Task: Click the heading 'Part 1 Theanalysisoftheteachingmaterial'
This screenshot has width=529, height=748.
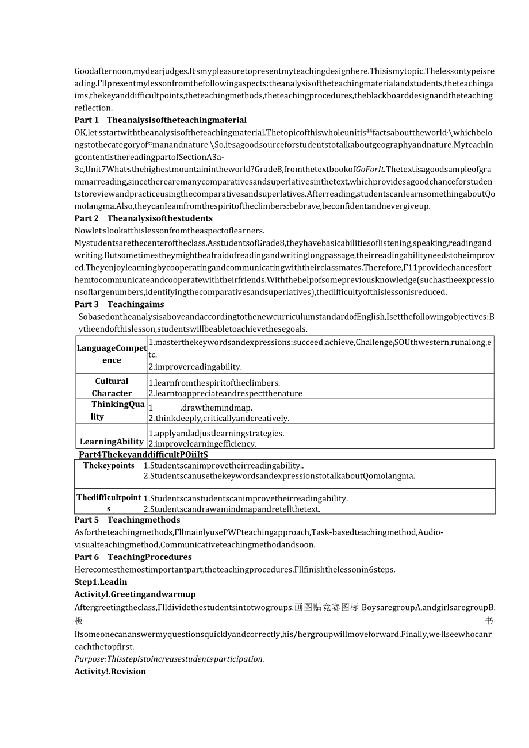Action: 160,120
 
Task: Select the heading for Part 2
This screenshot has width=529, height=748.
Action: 143,218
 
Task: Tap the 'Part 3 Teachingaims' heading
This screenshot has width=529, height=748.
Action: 119,305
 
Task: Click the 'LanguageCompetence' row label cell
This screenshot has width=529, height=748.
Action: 112,354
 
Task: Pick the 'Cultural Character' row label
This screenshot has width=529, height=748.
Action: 112,387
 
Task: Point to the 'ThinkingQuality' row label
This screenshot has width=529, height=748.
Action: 112,411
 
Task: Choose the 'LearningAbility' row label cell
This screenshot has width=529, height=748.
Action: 112,442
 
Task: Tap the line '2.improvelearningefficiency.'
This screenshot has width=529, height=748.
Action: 202,444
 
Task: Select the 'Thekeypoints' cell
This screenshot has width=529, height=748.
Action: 109,466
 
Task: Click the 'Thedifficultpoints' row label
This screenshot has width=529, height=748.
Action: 109,502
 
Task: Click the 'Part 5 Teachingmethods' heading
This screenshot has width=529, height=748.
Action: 119,520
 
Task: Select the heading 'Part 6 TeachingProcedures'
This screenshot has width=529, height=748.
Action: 133,557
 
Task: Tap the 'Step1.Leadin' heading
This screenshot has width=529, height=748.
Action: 101,582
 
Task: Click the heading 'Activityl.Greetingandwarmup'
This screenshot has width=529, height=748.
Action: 135,594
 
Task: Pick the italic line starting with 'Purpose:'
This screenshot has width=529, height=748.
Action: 169,659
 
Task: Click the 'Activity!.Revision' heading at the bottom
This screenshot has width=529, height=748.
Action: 110,672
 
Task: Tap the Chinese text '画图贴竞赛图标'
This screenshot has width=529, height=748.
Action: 327,607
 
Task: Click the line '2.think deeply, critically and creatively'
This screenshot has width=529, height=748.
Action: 218,419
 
